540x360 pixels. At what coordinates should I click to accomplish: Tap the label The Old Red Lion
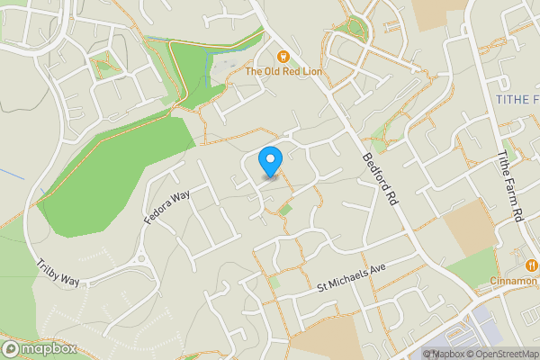(x=283, y=70)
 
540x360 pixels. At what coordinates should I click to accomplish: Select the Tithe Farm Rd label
(x=509, y=187)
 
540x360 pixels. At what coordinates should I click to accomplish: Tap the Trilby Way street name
(x=58, y=274)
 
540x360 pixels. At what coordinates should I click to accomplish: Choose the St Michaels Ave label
(x=351, y=277)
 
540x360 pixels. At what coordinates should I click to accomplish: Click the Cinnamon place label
(x=514, y=280)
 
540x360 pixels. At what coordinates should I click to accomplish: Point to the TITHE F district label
(x=517, y=97)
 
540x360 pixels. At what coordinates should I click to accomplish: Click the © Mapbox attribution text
(x=441, y=354)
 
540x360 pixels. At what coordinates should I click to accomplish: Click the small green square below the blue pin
(x=285, y=210)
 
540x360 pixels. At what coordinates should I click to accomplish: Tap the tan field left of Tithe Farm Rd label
(x=469, y=224)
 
